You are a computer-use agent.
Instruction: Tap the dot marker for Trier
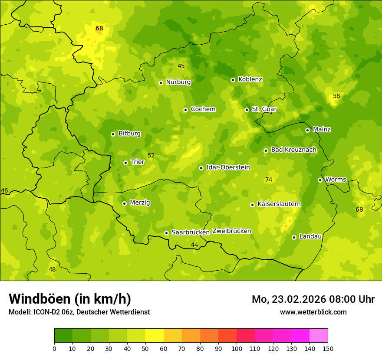coord(125,163)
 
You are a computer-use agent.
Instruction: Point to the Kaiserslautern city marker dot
coord(252,205)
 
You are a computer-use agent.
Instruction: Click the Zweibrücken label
coord(231,231)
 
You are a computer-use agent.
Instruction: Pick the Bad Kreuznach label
coord(293,150)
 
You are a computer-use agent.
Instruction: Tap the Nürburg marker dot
coord(161,82)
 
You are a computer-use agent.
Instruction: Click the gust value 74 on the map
coord(269,180)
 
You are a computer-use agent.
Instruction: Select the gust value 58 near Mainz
coord(336,96)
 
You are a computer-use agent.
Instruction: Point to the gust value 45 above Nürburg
coord(181,66)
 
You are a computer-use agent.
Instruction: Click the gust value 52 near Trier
coord(151,155)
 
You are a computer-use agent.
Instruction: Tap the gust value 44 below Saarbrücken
coord(194,245)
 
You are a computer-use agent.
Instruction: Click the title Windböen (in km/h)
coord(70,299)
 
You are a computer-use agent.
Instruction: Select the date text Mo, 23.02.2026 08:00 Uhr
coord(313,299)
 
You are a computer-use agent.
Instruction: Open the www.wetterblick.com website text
coord(313,312)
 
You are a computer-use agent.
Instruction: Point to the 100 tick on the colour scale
coord(237,348)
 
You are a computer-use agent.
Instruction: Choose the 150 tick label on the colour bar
coord(328,348)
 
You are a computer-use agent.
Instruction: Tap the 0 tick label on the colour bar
coord(54,348)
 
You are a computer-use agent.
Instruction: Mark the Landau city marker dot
coord(294,237)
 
